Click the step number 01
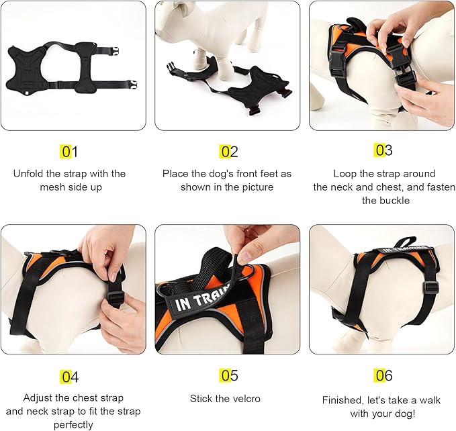(x=69, y=152)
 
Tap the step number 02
(x=229, y=152)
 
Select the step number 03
(x=383, y=150)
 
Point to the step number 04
(x=69, y=377)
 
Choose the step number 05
(x=229, y=376)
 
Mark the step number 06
(x=383, y=375)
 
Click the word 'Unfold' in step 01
(x=28, y=173)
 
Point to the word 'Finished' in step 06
(x=341, y=399)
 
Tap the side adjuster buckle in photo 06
(x=431, y=288)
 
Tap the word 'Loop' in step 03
(x=345, y=173)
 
